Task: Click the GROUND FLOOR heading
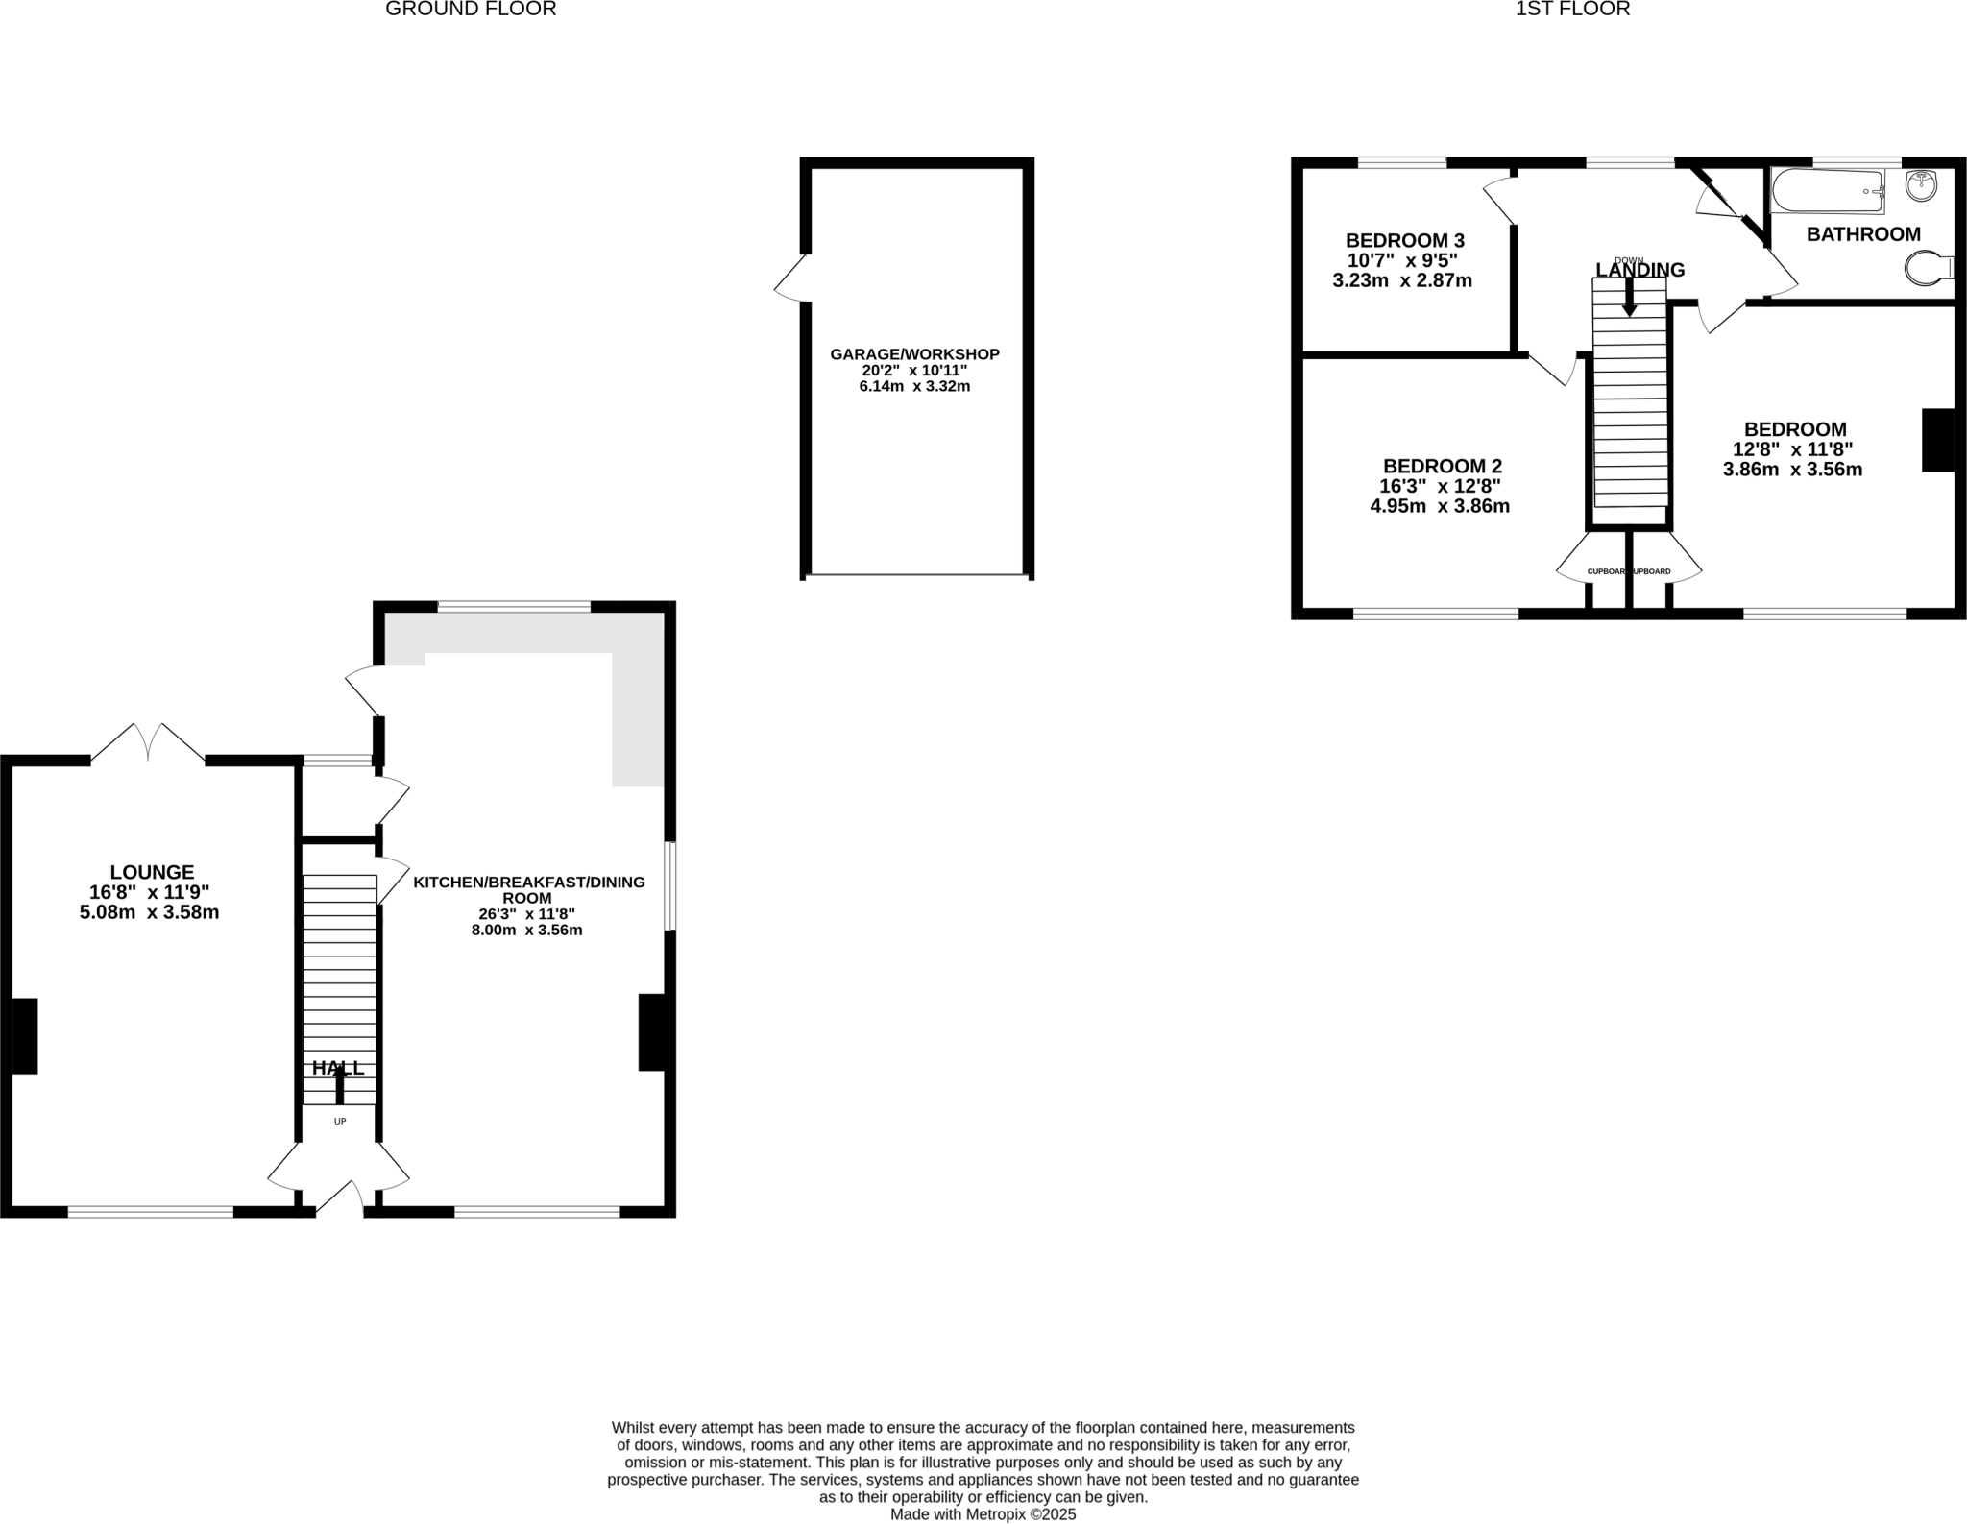click(471, 10)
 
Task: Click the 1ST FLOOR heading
click(1572, 10)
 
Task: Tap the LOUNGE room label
click(152, 872)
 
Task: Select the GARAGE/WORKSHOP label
click(914, 354)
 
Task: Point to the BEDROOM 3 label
click(1404, 241)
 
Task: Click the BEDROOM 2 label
click(1442, 467)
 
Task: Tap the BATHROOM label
click(1863, 234)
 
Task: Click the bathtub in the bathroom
click(1828, 191)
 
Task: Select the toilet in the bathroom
click(1927, 269)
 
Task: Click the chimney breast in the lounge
click(24, 1035)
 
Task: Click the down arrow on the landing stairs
click(1629, 297)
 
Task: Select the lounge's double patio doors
click(148, 742)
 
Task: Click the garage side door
click(792, 278)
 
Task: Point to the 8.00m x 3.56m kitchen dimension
click(526, 930)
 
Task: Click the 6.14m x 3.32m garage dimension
click(914, 387)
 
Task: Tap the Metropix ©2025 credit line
click(983, 1514)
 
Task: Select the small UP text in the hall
click(340, 1121)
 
